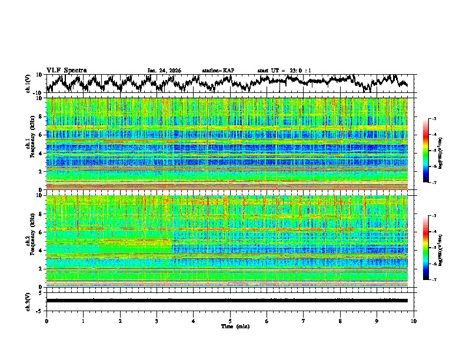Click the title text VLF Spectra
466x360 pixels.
pos(66,70)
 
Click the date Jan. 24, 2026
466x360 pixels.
pos(164,71)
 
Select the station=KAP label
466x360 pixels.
pos(218,71)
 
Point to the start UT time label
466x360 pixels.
pos(284,71)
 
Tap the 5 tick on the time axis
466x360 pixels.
pos(230,321)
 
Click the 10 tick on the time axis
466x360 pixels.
pos(414,321)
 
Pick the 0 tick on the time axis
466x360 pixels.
pos(46,321)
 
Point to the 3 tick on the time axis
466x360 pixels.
pos(157,321)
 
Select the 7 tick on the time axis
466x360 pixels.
pos(304,321)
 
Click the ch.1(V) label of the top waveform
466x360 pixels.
pos(28,84)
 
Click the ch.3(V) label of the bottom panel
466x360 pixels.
pos(28,301)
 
